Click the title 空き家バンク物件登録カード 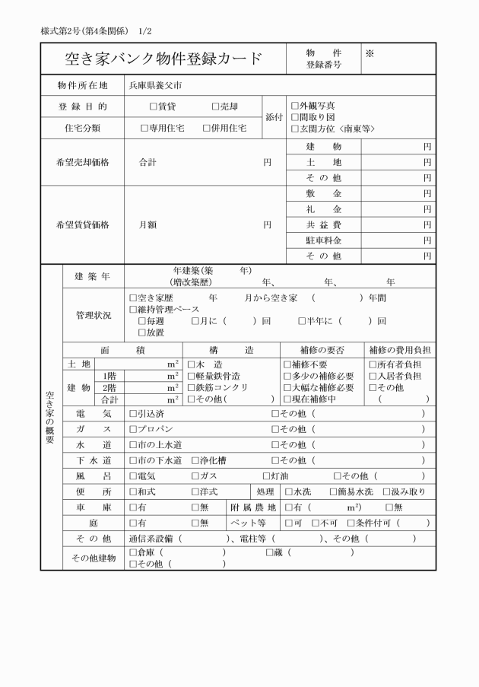pyautogui.click(x=164, y=59)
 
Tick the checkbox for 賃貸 pyautogui.click(x=153, y=107)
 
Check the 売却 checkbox pyautogui.click(x=215, y=107)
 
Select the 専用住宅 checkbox pyautogui.click(x=144, y=129)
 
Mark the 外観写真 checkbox pyautogui.click(x=295, y=106)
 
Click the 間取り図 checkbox pyautogui.click(x=295, y=117)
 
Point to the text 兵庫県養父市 pyautogui.click(x=155, y=84)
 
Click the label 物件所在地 pyautogui.click(x=83, y=84)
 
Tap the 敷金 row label pyautogui.click(x=323, y=194)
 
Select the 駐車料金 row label pyautogui.click(x=323, y=240)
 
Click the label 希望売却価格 pyautogui.click(x=83, y=162)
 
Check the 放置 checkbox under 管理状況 pyautogui.click(x=142, y=332)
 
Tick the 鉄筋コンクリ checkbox pyautogui.click(x=191, y=387)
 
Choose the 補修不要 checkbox pyautogui.click(x=287, y=364)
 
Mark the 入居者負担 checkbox pyautogui.click(x=373, y=376)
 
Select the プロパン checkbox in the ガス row pyautogui.click(x=133, y=429)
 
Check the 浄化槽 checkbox pyautogui.click(x=195, y=460)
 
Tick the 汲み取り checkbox pyautogui.click(x=386, y=491)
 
